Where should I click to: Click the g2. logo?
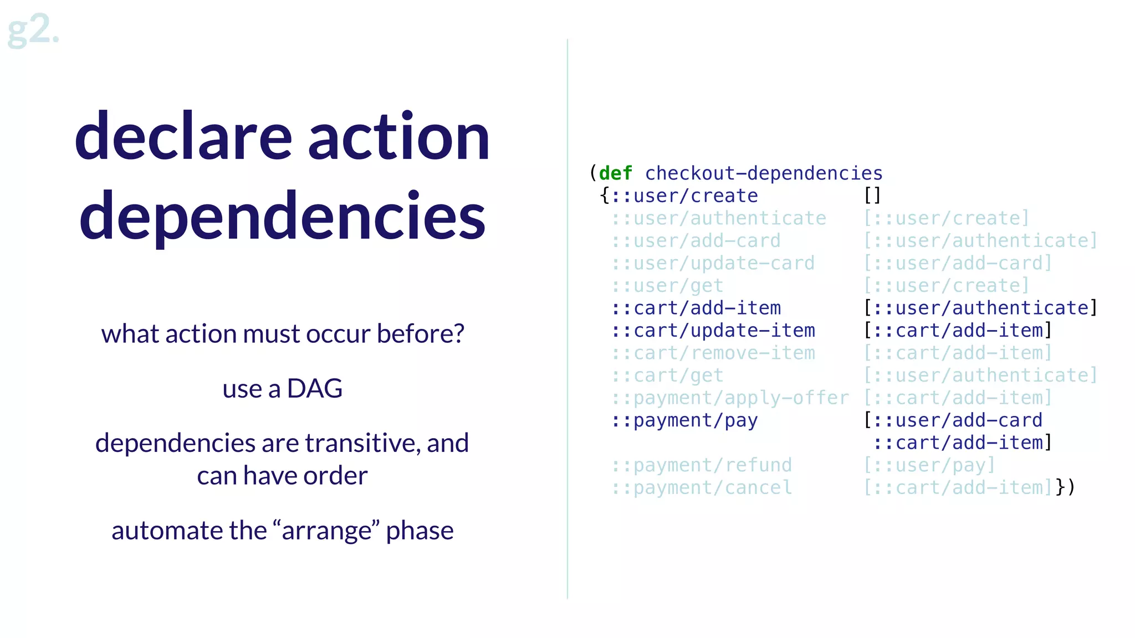[x=33, y=30]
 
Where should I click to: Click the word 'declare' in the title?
[x=183, y=137]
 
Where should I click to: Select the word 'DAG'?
[x=314, y=389]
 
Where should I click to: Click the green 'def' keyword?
[x=615, y=173]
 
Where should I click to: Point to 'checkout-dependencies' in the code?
[x=764, y=173]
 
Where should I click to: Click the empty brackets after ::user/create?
[x=872, y=195]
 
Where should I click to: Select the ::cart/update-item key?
[x=713, y=331]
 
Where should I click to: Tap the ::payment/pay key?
[x=684, y=420]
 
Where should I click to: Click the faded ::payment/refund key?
[x=702, y=465]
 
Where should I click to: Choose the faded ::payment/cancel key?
[x=702, y=488]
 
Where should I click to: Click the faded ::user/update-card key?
[x=713, y=263]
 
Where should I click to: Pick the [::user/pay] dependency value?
[x=929, y=465]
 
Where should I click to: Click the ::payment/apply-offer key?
[x=730, y=398]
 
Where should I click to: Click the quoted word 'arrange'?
[x=327, y=531]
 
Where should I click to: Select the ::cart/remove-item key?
[x=713, y=353]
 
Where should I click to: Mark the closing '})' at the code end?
[x=1065, y=487]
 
